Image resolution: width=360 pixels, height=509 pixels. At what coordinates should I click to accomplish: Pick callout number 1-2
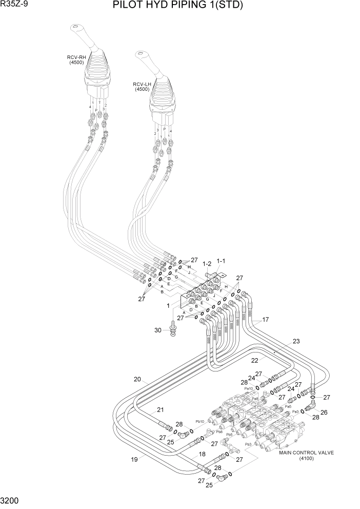click(x=207, y=264)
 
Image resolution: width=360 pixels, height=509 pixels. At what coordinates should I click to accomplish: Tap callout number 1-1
click(x=222, y=261)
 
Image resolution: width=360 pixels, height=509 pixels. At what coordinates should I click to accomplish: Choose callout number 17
click(x=265, y=319)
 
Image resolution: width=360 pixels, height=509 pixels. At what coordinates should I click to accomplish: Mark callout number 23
click(x=296, y=341)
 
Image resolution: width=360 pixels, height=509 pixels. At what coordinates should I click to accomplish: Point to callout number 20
click(x=137, y=379)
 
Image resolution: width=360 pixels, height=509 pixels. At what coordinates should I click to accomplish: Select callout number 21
click(x=161, y=409)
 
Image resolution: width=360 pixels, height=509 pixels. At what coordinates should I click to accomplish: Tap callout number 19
click(x=135, y=459)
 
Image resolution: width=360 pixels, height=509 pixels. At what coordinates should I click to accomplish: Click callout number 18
click(x=202, y=454)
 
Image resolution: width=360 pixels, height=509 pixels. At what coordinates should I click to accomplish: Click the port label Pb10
click(x=199, y=421)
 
